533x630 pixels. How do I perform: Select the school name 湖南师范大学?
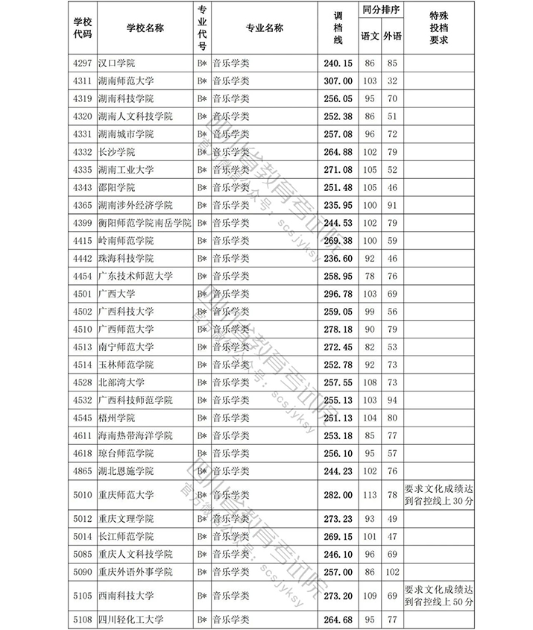click(124, 81)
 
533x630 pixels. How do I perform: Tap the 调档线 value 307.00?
click(337, 81)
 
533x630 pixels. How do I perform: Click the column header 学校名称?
click(145, 28)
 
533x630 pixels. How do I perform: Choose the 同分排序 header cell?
click(380, 12)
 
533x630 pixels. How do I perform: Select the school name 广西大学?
click(116, 294)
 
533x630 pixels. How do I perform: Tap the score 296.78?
click(337, 294)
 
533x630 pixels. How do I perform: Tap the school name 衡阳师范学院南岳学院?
click(144, 223)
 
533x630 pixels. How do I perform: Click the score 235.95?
click(337, 205)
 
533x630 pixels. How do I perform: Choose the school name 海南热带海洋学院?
click(134, 435)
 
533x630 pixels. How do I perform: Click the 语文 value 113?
click(369, 494)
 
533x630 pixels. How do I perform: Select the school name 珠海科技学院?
click(124, 258)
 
